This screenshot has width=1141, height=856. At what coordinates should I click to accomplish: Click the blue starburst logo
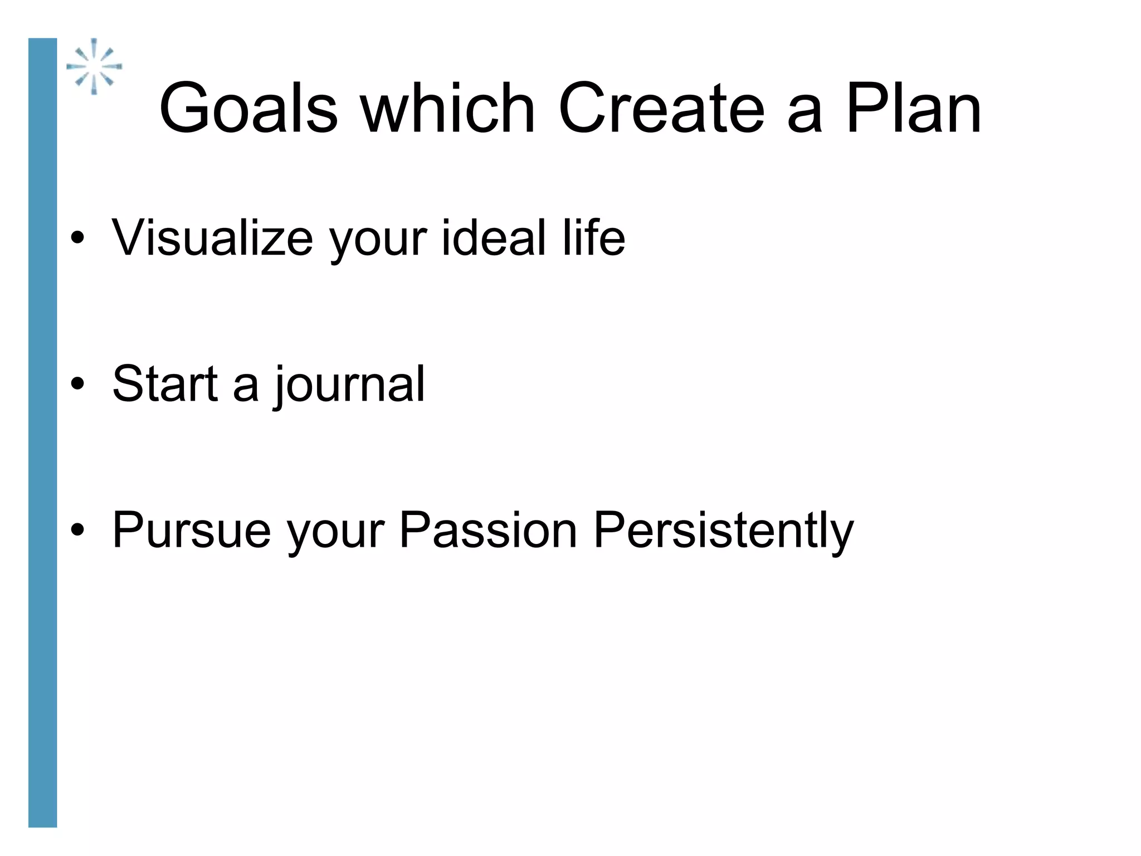pos(94,66)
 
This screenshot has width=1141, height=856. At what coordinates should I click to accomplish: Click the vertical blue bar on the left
pos(43,432)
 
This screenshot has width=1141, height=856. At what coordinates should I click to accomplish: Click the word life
pos(594,238)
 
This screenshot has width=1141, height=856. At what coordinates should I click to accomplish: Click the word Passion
pos(488,530)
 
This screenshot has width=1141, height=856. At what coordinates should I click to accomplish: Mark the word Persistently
pos(723,531)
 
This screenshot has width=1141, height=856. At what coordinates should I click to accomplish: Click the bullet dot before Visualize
pos(77,239)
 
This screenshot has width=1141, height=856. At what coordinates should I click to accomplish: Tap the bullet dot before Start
pos(77,384)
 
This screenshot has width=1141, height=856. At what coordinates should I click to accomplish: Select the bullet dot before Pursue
pos(77,530)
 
